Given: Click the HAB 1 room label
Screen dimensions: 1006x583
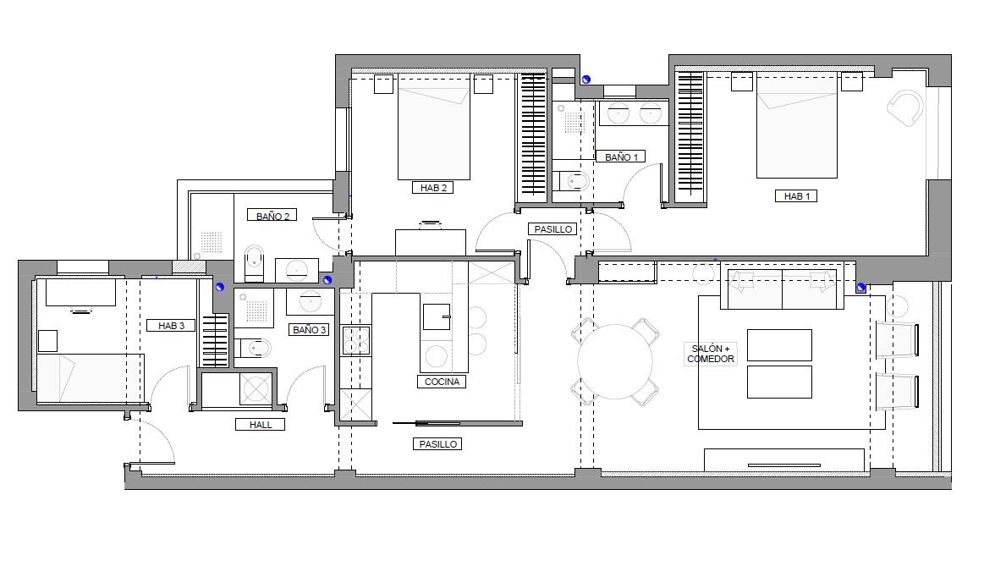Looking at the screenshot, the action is tap(796, 196).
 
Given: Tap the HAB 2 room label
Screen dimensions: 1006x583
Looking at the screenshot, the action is tap(433, 188).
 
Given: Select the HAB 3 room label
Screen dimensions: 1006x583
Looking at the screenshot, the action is tap(171, 326).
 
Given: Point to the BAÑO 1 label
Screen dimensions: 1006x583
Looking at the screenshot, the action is tap(621, 157).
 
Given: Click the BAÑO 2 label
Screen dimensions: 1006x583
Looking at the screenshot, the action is tap(272, 216).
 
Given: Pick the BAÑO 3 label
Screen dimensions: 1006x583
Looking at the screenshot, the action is tap(309, 330).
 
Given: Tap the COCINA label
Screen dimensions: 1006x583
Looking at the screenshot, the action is tap(442, 382).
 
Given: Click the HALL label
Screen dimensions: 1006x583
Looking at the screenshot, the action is tap(261, 425).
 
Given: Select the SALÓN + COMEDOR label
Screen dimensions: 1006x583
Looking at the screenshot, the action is tap(711, 354).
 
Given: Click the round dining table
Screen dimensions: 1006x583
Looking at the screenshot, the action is tap(615, 361).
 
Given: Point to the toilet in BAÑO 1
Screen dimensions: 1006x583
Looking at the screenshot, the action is tap(572, 182).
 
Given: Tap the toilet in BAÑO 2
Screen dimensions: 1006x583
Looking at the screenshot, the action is tap(254, 263).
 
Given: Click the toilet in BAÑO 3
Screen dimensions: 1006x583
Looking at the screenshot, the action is tap(254, 349).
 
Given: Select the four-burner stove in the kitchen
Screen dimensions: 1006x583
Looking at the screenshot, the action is tap(356, 340).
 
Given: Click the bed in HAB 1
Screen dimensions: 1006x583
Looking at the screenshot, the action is tap(797, 126).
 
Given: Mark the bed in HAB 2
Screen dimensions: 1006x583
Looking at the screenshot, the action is tap(434, 126).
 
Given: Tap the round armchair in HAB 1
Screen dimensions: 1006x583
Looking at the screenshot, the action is tap(905, 107).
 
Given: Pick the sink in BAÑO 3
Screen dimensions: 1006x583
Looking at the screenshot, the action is tap(311, 300).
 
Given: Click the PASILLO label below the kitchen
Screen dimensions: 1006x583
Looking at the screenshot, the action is tap(438, 444).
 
